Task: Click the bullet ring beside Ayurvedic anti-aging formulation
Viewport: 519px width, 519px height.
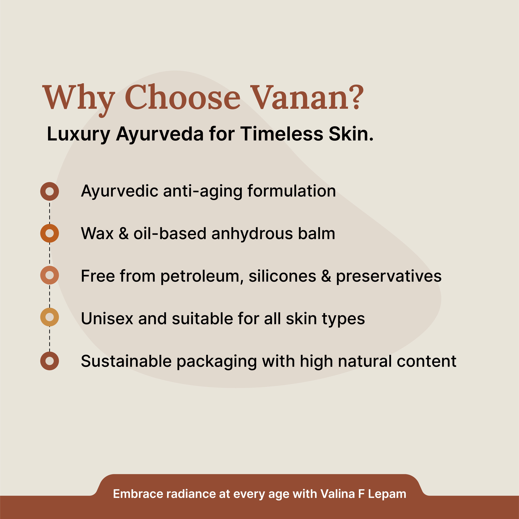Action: coord(49,191)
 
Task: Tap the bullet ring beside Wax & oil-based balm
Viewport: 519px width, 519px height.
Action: coord(49,233)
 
